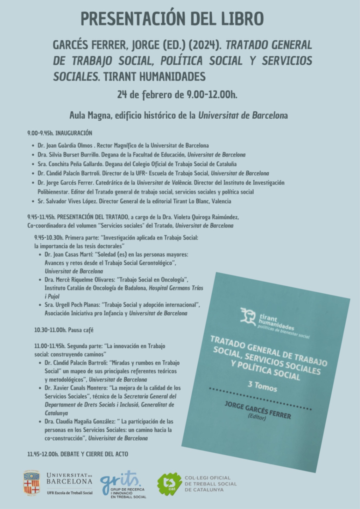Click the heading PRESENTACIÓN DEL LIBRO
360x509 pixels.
click(x=172, y=19)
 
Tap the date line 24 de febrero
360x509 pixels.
click(x=177, y=95)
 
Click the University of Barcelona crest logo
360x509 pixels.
click(x=32, y=483)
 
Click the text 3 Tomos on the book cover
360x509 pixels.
click(x=262, y=386)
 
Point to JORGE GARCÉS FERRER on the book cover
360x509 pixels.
click(x=258, y=410)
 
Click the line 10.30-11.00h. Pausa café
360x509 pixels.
click(x=64, y=330)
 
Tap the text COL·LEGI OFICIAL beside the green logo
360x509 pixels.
click(x=207, y=478)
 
